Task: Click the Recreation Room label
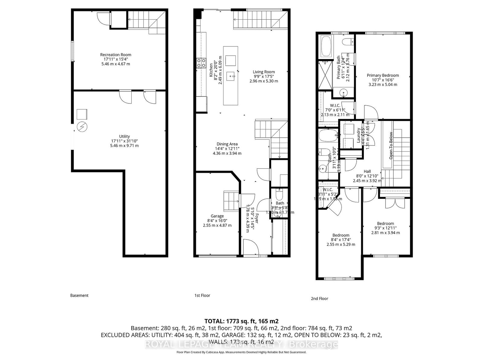click(x=116, y=55)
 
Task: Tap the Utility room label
click(x=124, y=136)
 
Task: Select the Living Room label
click(x=264, y=72)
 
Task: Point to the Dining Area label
click(x=227, y=144)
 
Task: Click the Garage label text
click(x=217, y=216)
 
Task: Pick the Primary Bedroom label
click(x=383, y=75)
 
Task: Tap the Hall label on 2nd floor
click(x=367, y=171)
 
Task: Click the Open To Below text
click(x=391, y=145)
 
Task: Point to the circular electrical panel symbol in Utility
click(x=82, y=127)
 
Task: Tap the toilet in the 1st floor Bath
click(x=279, y=194)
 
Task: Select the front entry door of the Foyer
click(x=251, y=247)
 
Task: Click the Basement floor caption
click(x=79, y=296)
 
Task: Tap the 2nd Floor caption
click(x=319, y=299)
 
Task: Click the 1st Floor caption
click(x=202, y=296)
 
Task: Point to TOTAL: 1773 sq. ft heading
click(x=241, y=321)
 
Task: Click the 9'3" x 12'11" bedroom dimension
click(x=385, y=228)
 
